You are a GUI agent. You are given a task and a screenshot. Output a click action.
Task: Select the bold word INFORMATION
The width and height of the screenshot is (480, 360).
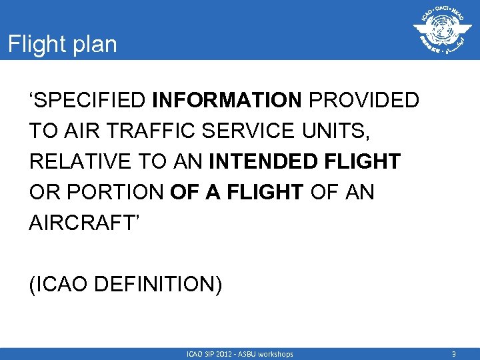[227, 101]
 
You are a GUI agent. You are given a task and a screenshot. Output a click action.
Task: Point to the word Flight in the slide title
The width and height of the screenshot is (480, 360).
[34, 45]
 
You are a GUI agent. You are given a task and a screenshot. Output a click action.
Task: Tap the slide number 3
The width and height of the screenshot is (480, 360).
[453, 354]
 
